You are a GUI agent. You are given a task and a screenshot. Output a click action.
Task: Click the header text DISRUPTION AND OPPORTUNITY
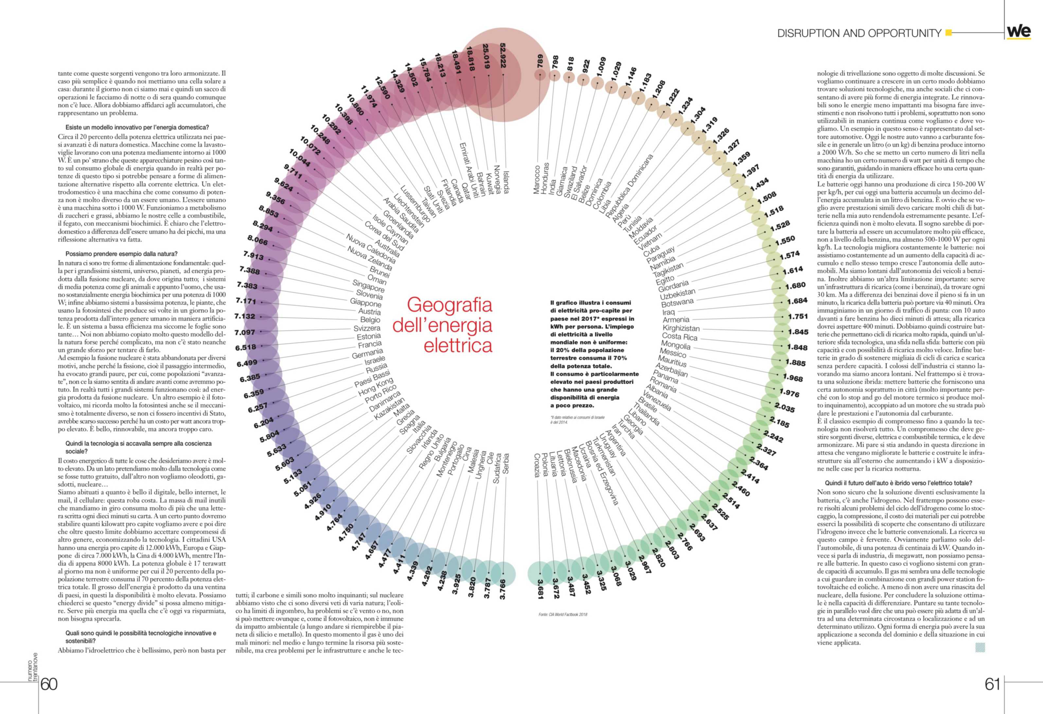click(859, 33)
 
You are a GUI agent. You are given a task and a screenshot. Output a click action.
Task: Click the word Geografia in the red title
click(449, 305)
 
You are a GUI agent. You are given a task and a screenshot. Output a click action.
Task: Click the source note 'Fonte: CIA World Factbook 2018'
click(563, 614)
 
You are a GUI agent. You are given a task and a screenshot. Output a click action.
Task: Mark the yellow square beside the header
click(948, 32)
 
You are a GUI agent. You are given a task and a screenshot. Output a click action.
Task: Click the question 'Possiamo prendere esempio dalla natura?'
click(121, 254)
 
